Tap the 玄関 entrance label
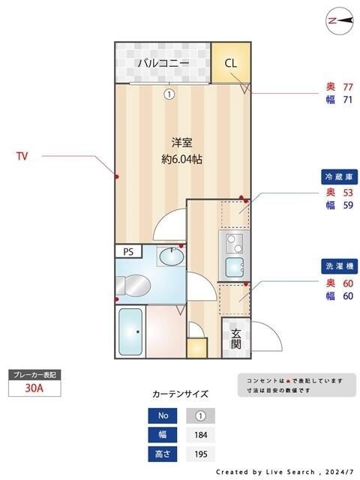point(235,339)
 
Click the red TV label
point(22,157)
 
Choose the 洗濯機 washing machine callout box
point(338,266)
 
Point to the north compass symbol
point(340,21)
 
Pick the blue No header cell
point(163,415)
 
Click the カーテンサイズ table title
point(180,394)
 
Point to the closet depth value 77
point(347,86)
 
